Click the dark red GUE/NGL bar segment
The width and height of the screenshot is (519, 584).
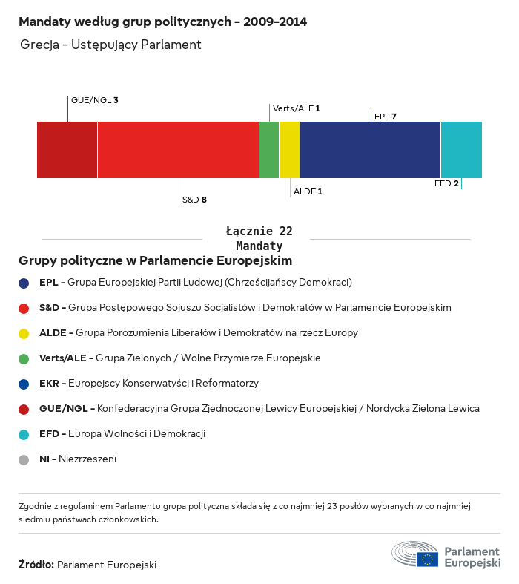click(67, 150)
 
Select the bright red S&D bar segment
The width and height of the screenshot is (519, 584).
click(178, 150)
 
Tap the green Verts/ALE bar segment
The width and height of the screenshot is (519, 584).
click(269, 150)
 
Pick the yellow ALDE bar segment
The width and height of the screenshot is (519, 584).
click(289, 150)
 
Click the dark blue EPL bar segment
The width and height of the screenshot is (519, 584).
click(370, 150)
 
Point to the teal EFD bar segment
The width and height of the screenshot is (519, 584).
click(461, 150)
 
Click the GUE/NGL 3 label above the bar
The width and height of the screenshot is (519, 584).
click(95, 100)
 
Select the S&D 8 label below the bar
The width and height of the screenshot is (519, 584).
click(194, 200)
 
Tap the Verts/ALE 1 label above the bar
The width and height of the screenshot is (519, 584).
click(297, 108)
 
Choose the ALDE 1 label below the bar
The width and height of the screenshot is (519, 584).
click(308, 191)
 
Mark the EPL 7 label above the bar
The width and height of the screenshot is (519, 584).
click(386, 117)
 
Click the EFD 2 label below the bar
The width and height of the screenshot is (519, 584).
click(446, 183)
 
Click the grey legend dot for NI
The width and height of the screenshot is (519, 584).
click(24, 459)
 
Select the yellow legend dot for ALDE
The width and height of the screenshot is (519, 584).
click(24, 333)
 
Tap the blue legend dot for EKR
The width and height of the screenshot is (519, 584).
click(24, 384)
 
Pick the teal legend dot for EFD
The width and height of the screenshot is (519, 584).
click(24, 434)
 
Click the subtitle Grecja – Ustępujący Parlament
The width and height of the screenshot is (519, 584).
click(111, 45)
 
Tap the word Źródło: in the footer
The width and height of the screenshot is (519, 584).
click(36, 565)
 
